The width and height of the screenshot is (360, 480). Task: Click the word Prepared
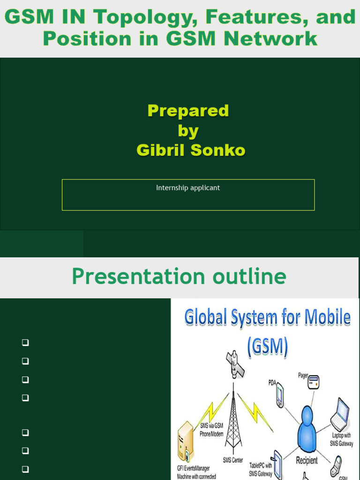tap(188, 111)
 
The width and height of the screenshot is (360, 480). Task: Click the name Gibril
tap(161, 150)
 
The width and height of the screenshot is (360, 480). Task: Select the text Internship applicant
tap(188, 188)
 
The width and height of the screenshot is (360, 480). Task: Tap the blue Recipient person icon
tap(307, 428)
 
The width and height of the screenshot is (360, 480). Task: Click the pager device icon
tap(313, 382)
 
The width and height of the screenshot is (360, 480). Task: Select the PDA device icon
tap(280, 395)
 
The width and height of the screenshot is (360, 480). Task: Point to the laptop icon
tap(340, 414)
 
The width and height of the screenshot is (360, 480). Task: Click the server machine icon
tap(186, 441)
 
